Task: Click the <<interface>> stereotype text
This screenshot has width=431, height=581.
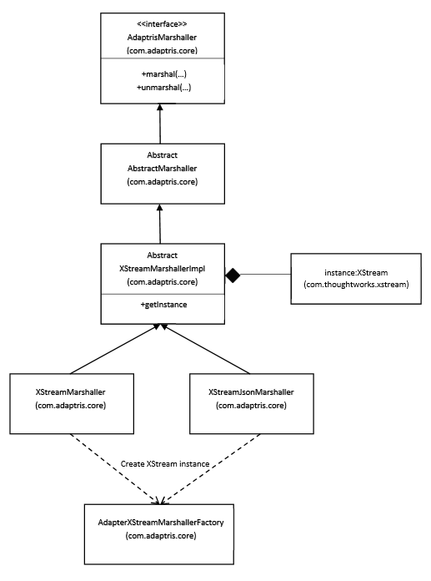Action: (162, 24)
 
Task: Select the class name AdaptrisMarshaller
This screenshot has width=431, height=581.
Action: (162, 38)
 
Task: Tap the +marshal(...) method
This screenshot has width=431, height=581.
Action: (164, 74)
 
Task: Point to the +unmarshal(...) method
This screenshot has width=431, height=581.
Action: (164, 88)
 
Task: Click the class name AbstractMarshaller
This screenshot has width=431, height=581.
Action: (162, 169)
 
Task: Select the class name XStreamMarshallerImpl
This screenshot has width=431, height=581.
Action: (162, 269)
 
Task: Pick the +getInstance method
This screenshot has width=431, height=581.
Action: (163, 305)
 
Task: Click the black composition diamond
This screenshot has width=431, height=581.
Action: (233, 275)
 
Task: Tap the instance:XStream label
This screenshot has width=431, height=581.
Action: (356, 273)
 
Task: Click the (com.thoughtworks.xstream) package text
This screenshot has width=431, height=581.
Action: (356, 285)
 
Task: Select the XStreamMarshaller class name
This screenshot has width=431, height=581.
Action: (70, 392)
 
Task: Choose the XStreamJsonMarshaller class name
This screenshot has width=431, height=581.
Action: (251, 392)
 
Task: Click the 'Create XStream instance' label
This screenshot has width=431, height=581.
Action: (165, 464)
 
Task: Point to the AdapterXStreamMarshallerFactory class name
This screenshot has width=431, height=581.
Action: (161, 523)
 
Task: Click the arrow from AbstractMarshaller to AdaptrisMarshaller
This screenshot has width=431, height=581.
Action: (160, 124)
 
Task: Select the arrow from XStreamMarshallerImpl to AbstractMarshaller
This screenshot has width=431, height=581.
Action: (160, 224)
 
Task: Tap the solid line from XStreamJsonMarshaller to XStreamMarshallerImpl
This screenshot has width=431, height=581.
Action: (206, 349)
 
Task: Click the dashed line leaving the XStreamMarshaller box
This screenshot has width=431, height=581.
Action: (115, 469)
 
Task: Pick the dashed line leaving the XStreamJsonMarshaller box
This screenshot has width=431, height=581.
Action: (211, 469)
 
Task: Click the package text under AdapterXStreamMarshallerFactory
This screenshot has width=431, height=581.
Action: (161, 536)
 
